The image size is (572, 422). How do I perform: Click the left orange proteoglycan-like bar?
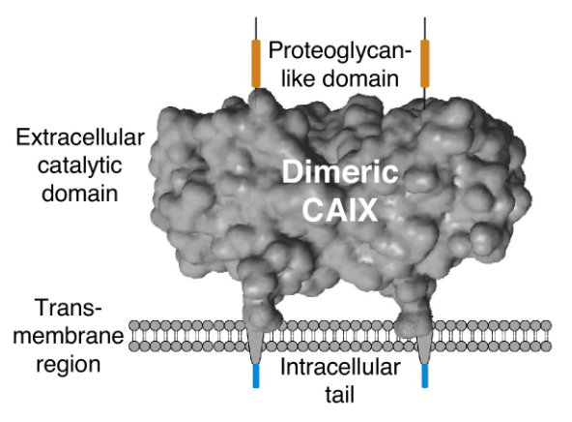[256, 63]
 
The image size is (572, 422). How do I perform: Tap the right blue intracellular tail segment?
[424, 375]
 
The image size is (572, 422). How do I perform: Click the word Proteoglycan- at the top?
[339, 48]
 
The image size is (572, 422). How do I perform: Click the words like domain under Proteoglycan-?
[339, 76]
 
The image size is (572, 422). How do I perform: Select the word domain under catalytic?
[80, 193]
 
